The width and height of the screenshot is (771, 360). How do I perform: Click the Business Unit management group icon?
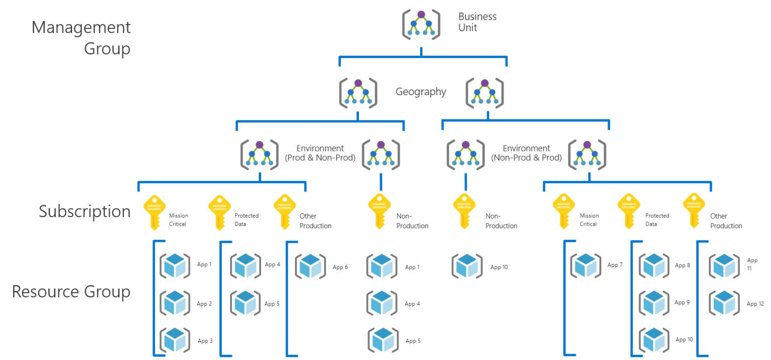421,25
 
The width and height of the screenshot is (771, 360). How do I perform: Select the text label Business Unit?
477,22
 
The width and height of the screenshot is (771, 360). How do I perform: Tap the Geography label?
420,92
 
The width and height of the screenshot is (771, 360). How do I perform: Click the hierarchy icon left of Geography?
358,93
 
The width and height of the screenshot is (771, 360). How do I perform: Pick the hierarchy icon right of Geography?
485,93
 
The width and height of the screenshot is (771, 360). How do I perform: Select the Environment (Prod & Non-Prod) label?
320,153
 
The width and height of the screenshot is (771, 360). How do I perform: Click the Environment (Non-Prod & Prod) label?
526,153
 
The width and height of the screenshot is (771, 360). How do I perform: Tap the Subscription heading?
84,212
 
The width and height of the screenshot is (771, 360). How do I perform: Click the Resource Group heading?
71,292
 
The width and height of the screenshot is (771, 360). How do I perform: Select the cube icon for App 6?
310,266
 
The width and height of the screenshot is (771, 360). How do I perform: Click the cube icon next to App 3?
175,340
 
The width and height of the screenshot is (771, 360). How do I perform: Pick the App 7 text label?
614,265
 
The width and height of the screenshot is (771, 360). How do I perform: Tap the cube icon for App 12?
724,303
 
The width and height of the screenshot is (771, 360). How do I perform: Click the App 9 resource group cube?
654,303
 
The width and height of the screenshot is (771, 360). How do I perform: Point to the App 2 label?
204,304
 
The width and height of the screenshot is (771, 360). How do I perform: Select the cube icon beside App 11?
724,266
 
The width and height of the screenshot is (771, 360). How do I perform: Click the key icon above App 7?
563,211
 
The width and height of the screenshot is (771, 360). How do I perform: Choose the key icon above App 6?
284,212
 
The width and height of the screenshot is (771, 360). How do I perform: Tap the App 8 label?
682,266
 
